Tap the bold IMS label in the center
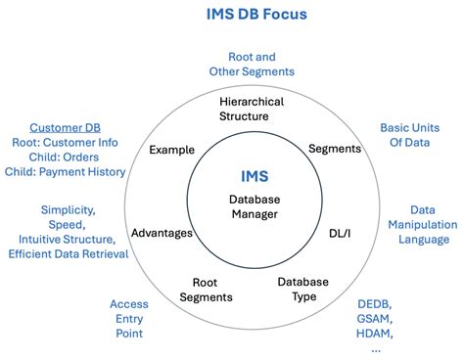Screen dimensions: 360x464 (254, 175)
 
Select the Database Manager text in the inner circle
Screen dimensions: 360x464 (254, 207)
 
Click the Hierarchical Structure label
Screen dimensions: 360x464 (252, 108)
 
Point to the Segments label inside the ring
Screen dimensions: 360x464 (334, 149)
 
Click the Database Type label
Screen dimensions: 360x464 (302, 289)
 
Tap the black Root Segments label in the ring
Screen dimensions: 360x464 (207, 290)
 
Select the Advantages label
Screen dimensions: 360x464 (162, 233)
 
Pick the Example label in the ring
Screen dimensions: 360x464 (171, 150)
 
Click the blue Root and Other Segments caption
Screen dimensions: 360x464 (252, 65)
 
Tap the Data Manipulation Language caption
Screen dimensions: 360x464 (423, 224)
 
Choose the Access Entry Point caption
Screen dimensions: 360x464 (128, 319)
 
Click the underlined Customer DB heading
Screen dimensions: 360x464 (65, 127)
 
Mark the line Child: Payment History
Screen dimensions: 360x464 (65, 171)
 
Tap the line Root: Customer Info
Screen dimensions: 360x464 (65, 142)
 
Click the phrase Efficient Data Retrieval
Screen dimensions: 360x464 (69, 254)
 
